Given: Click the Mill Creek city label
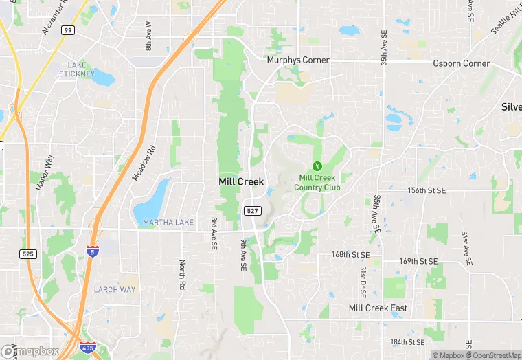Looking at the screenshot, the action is click(x=240, y=182).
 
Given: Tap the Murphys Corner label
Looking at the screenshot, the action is click(x=298, y=60).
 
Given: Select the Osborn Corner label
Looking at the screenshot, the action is click(x=462, y=63).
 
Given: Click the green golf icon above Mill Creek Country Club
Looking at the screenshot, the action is click(x=317, y=166).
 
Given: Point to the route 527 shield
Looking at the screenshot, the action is click(x=251, y=209).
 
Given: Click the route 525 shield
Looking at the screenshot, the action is click(x=27, y=254).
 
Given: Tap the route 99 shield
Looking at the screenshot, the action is click(x=67, y=30).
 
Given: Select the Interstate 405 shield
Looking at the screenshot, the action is click(x=87, y=348).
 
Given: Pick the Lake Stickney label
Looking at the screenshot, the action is click(x=72, y=69).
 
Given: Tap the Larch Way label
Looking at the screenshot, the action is click(x=114, y=289).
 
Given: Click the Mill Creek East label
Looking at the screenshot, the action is click(x=378, y=308).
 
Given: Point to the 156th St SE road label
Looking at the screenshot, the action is click(x=427, y=190).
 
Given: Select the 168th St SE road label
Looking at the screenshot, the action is click(x=350, y=254).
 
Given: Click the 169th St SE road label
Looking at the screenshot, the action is click(x=418, y=261).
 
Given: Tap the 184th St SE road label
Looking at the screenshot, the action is click(x=408, y=341).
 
